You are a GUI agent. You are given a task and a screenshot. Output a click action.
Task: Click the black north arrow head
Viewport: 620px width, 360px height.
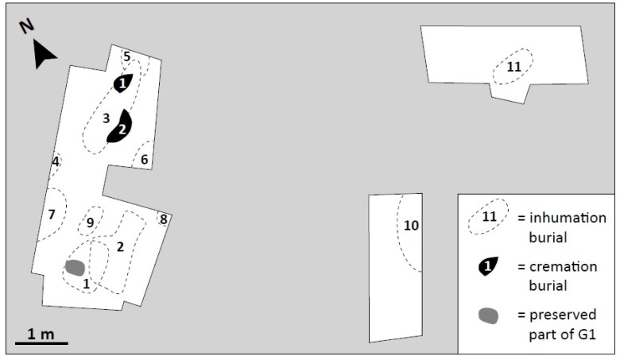pyautogui.click(x=45, y=55)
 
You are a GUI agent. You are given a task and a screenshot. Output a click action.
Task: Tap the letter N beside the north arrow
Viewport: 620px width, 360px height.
pyautogui.click(x=27, y=26)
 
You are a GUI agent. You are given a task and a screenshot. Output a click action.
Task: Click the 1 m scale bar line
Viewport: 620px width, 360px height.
pyautogui.click(x=41, y=344)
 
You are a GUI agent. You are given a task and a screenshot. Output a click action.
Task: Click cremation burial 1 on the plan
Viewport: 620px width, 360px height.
pyautogui.click(x=122, y=82)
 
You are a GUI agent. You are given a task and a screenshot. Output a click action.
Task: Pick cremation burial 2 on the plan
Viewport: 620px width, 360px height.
pyautogui.click(x=121, y=127)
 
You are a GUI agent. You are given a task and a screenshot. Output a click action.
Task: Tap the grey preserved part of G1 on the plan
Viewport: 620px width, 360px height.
pyautogui.click(x=75, y=268)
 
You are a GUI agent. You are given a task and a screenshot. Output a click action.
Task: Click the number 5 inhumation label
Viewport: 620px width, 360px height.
pyautogui.click(x=127, y=56)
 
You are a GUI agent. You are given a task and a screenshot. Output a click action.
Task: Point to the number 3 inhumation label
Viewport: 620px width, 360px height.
pyautogui.click(x=106, y=118)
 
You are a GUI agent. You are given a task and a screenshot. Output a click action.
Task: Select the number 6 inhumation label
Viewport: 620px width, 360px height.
pyautogui.click(x=144, y=160)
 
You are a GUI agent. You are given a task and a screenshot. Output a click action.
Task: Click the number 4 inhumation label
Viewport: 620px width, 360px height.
pyautogui.click(x=55, y=162)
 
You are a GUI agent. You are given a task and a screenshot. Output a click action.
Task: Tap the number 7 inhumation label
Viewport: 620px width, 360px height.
pyautogui.click(x=52, y=215)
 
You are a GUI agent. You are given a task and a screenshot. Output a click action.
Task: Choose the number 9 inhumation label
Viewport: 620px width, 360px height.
pyautogui.click(x=91, y=223)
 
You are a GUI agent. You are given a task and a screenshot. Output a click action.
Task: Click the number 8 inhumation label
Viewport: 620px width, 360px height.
pyautogui.click(x=163, y=219)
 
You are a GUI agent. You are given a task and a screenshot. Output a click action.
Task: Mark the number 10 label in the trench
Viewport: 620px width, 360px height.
pyautogui.click(x=411, y=226)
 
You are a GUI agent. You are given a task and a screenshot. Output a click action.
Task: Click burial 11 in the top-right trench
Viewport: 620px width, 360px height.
pyautogui.click(x=513, y=68)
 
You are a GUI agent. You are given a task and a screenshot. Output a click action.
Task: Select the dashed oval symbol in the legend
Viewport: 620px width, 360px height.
pyautogui.click(x=489, y=216)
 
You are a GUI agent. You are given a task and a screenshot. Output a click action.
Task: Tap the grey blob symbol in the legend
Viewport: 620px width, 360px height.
pyautogui.click(x=489, y=315)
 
